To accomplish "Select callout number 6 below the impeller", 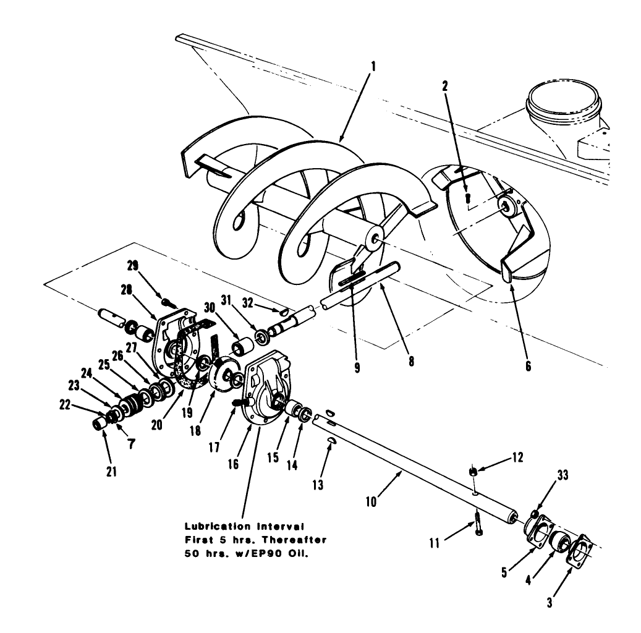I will pyautogui.click(x=527, y=365).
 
